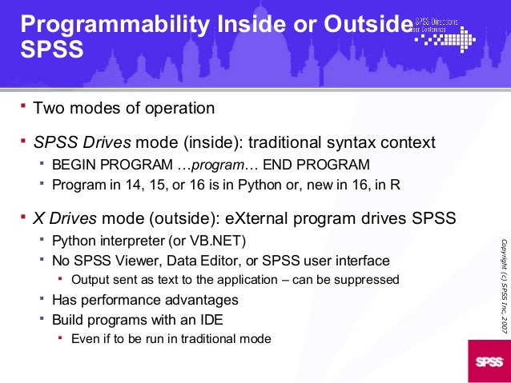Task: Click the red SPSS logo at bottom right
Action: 488,361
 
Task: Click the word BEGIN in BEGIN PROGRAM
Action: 73,166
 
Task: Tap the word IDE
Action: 230,319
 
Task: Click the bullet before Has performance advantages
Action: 42,300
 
